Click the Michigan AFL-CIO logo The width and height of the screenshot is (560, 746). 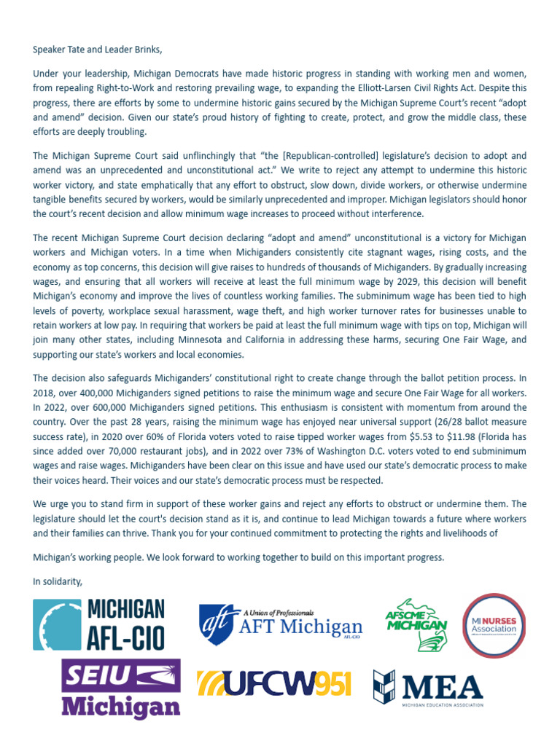coord(100,624)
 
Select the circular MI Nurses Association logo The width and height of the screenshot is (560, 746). coord(494,624)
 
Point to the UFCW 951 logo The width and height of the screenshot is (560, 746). coord(274,684)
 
